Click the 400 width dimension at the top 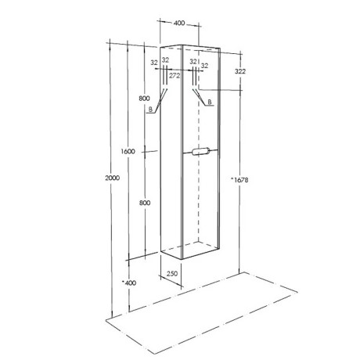pos(179,23)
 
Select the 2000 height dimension pos(112,178)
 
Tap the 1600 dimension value pos(128,151)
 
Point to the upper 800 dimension pos(144,99)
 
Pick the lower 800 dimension pos(145,203)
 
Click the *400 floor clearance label pos(129,283)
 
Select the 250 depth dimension pos(172,274)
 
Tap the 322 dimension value pos(240,71)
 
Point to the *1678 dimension pos(239,180)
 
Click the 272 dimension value pos(175,76)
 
